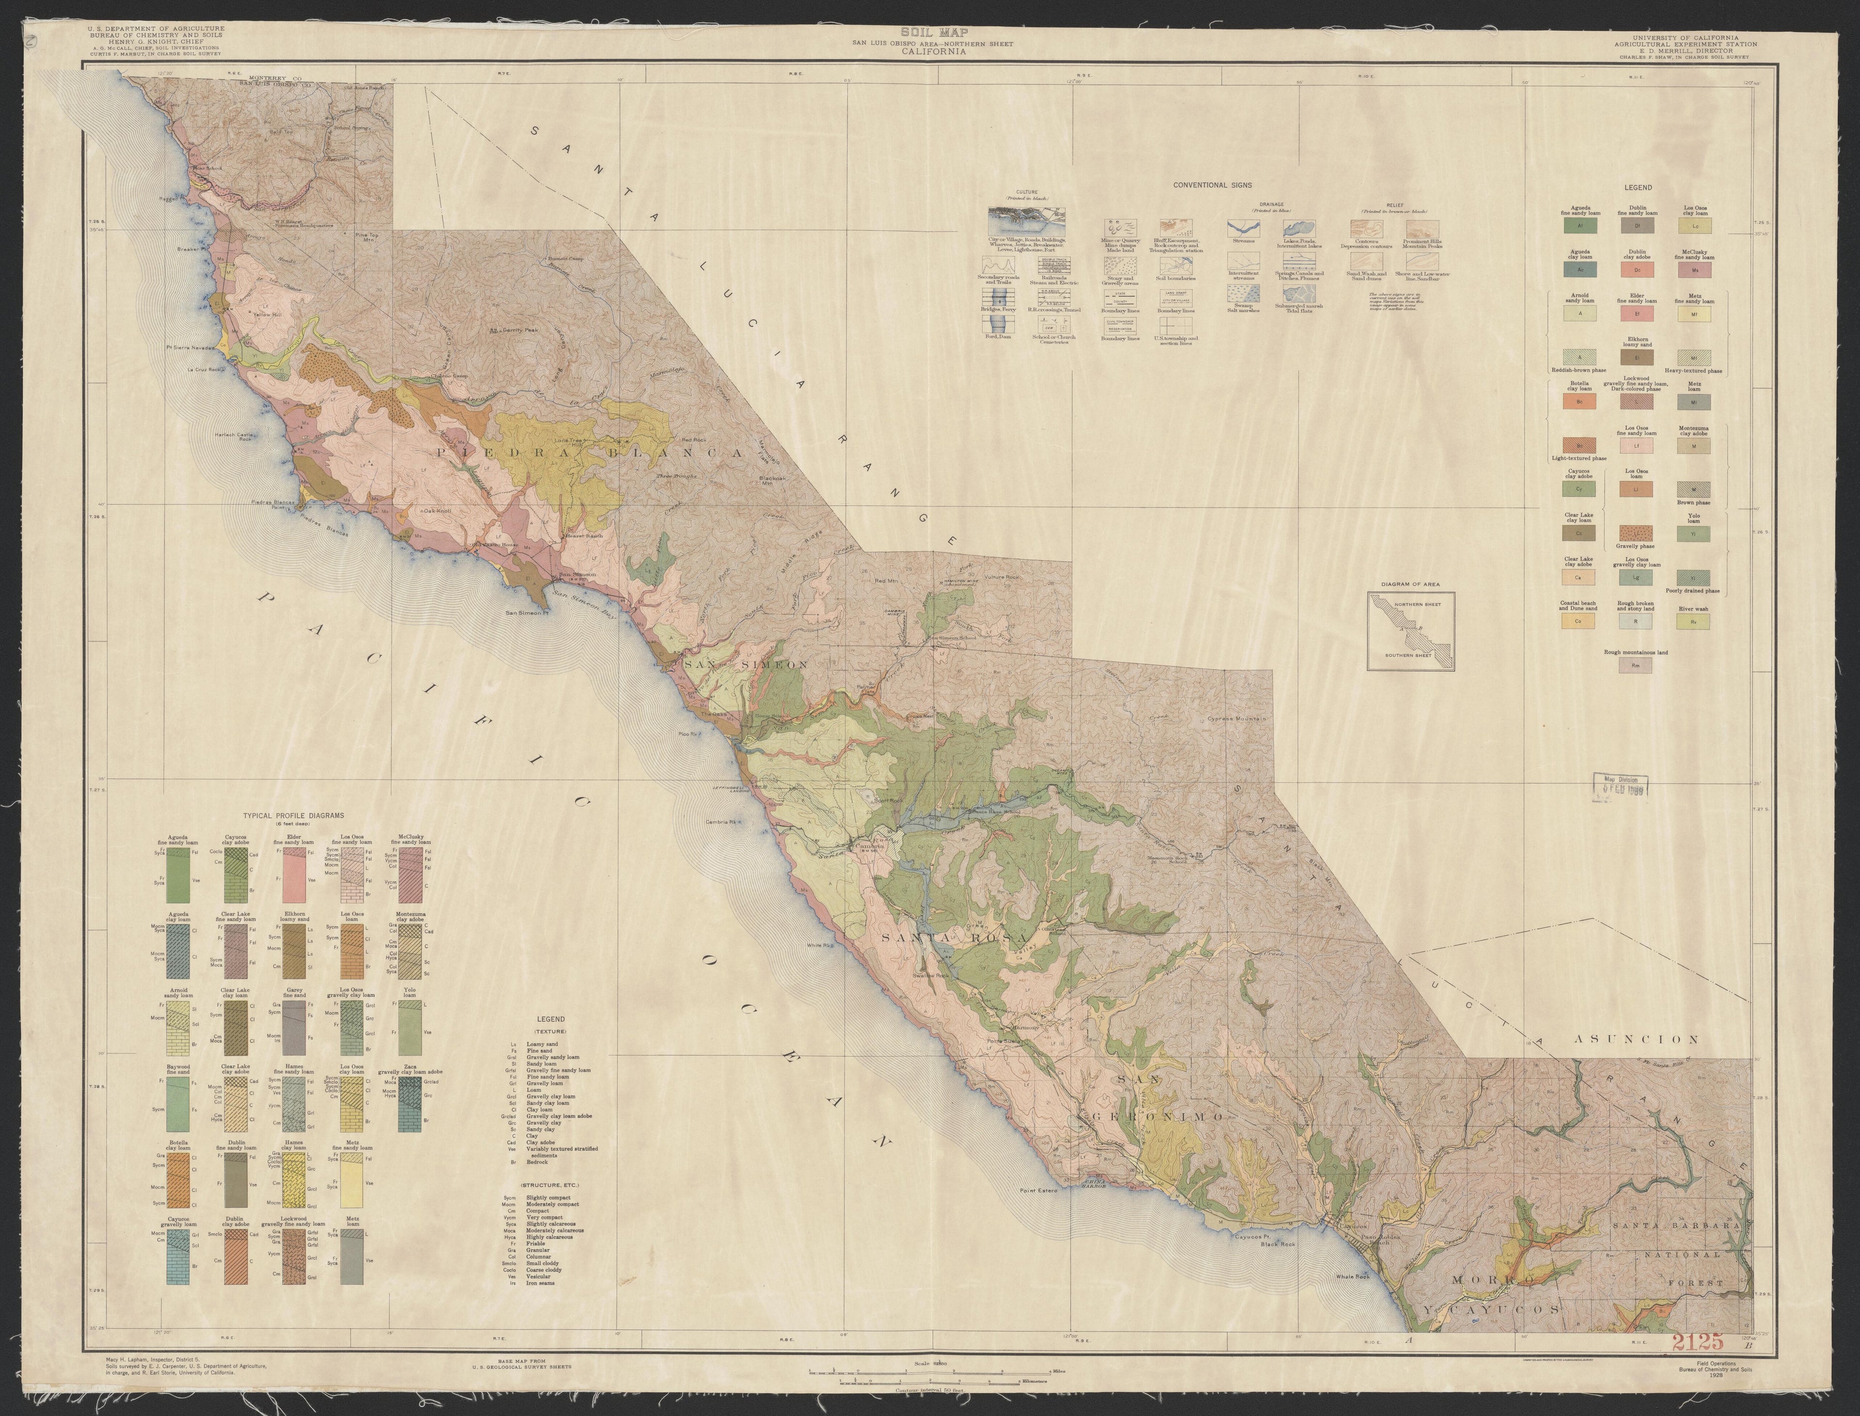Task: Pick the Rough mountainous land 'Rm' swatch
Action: point(1636,666)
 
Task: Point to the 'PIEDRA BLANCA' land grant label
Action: point(589,453)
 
